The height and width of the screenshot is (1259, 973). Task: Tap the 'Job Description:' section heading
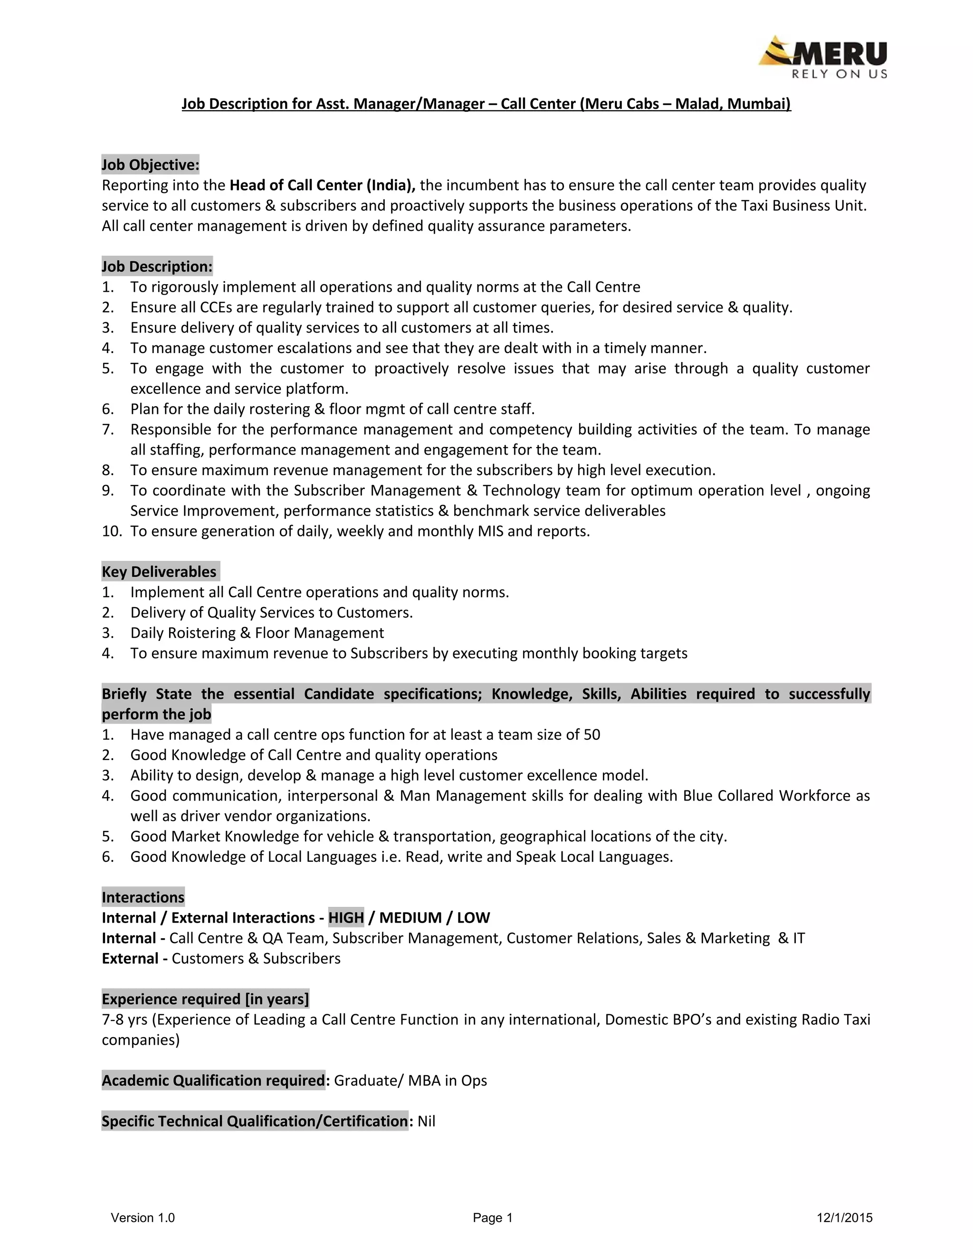pyautogui.click(x=157, y=267)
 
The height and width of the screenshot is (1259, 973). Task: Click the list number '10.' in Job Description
pyautogui.click(x=112, y=531)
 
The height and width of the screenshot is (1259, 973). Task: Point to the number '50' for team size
pyautogui.click(x=592, y=734)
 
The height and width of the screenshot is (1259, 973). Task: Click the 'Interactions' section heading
pyautogui.click(x=143, y=897)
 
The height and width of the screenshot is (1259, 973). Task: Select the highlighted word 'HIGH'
pyautogui.click(x=346, y=917)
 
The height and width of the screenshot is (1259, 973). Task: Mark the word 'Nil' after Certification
pyautogui.click(x=427, y=1121)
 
